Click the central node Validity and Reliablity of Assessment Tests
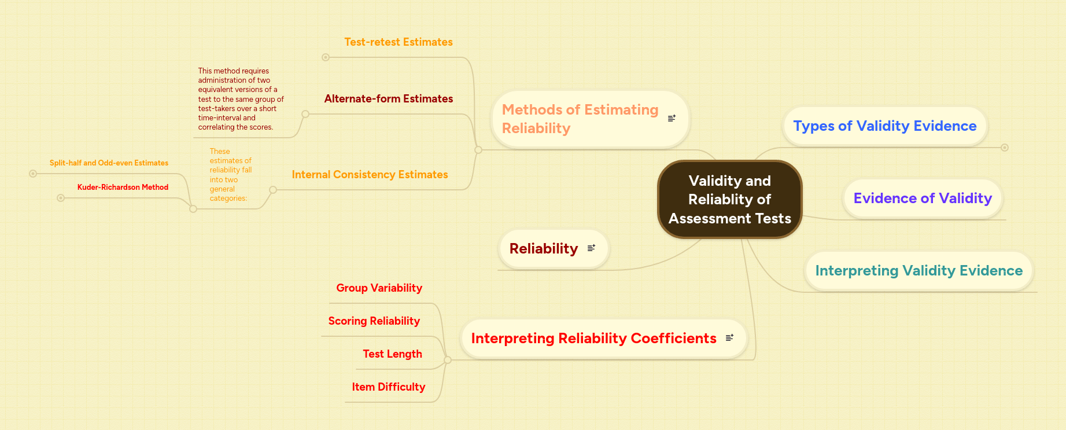(x=729, y=199)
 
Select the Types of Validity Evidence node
(x=884, y=126)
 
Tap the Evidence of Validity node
(x=923, y=199)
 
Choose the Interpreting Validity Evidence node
(x=919, y=271)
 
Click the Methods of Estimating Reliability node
(x=580, y=119)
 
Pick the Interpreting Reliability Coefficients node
(x=593, y=339)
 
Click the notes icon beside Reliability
(x=591, y=248)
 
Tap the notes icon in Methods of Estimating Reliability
(x=672, y=118)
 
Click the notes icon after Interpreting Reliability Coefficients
(x=729, y=338)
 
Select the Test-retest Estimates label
(x=399, y=42)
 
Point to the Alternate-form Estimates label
(x=389, y=99)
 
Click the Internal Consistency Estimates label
(x=370, y=175)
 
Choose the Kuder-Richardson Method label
(x=123, y=188)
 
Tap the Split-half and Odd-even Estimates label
(x=109, y=163)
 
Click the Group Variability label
(x=379, y=288)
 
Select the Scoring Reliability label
(x=374, y=321)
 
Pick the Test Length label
(x=392, y=354)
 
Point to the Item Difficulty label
(x=388, y=387)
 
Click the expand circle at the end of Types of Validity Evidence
(x=1005, y=148)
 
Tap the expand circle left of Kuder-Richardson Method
(x=61, y=198)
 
